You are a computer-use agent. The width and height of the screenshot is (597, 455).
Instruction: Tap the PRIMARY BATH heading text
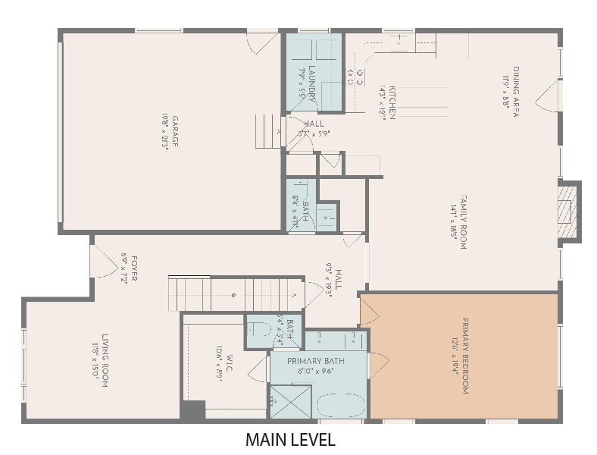315,361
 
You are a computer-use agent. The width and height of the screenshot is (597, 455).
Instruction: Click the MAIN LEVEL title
290,440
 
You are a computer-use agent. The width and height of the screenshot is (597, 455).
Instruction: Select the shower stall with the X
290,402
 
